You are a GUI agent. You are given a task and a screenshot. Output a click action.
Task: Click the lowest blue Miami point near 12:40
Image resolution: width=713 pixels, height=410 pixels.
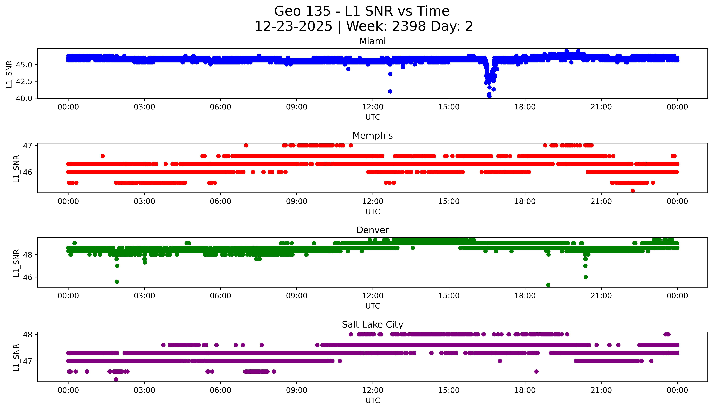coord(390,92)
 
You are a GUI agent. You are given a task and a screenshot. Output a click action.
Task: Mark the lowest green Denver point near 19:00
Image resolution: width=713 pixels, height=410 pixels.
coord(548,285)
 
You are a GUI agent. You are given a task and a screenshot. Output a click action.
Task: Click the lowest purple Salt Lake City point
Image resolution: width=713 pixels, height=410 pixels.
coord(116,379)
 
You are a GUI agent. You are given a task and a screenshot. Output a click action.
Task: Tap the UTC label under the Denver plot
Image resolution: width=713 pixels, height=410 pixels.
coord(373,306)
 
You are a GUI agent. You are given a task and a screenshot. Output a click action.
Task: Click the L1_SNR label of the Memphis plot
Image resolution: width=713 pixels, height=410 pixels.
coord(16,168)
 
